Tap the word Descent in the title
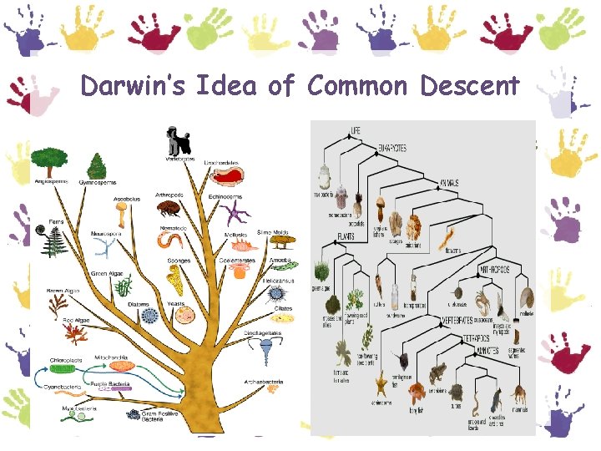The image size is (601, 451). point(470,86)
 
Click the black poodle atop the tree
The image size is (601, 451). point(177,138)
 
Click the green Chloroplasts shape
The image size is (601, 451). point(63,368)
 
